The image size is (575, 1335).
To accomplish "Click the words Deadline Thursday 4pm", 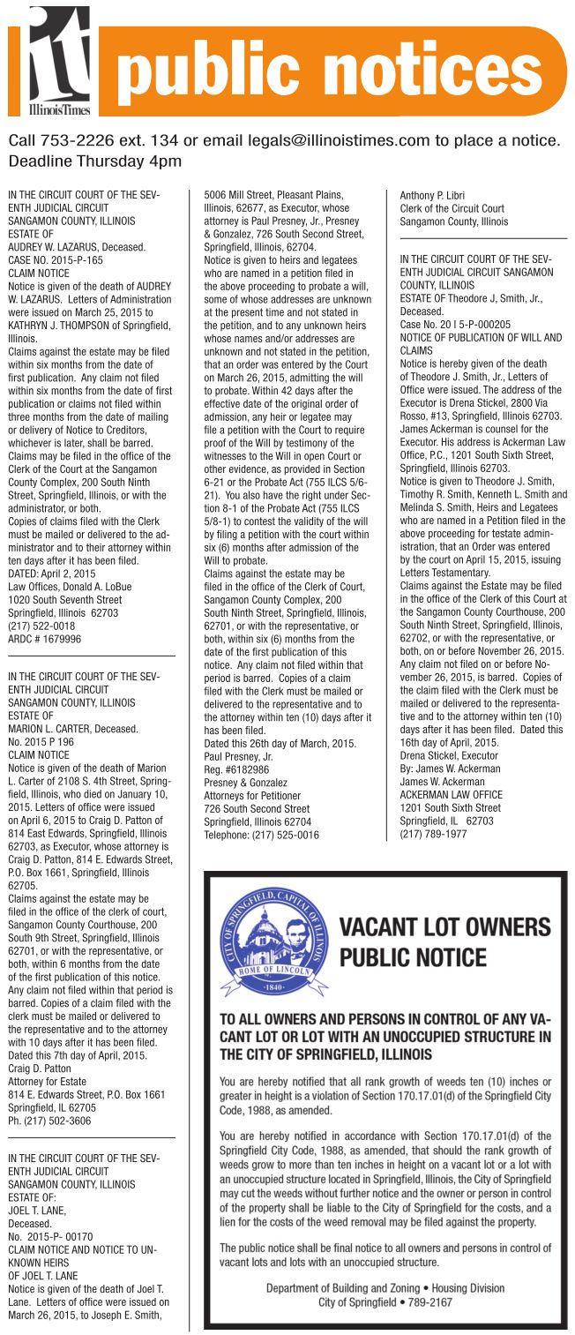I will pos(95,161).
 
